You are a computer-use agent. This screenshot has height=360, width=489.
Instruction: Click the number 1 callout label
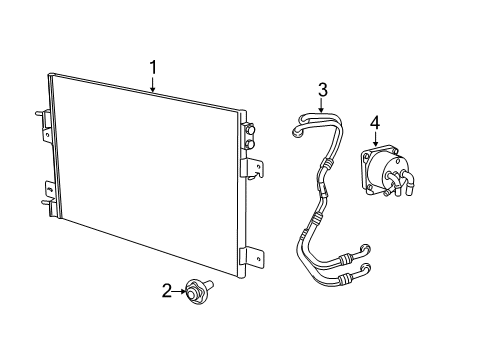pos(153,67)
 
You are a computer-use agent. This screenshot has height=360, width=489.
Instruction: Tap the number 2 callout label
pos(167,291)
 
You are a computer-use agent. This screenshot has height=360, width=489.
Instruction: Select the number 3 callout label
pos(322,91)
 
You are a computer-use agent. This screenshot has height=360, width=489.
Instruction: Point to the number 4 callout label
pos(374,122)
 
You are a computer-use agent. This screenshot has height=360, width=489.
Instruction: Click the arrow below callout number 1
pos(153,85)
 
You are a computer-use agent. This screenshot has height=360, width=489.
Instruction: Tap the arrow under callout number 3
pos(322,108)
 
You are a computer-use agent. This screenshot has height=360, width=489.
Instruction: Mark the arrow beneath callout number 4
pos(374,140)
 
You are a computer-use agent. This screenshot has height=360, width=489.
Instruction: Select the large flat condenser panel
pos(145,175)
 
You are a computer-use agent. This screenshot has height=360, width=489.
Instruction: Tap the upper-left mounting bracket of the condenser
pos(45,120)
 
